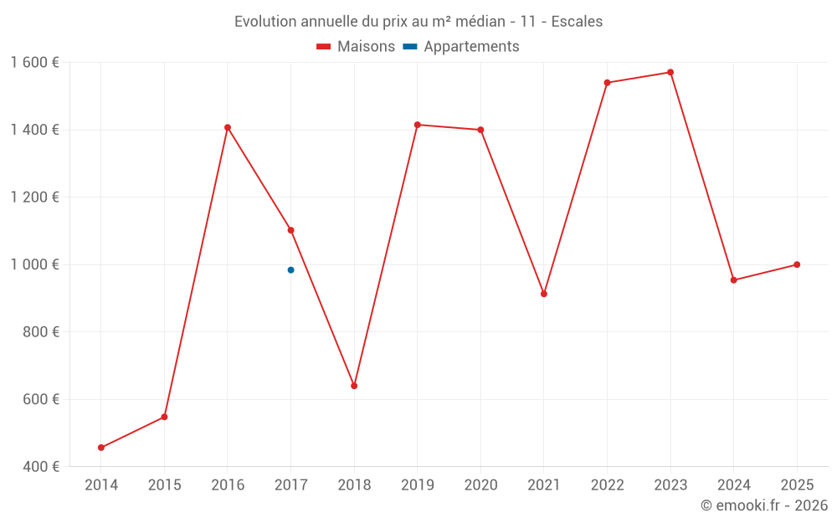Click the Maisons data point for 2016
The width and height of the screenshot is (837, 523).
(x=228, y=128)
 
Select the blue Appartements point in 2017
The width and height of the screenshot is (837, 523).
(x=290, y=270)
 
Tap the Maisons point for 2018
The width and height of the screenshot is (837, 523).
(x=354, y=386)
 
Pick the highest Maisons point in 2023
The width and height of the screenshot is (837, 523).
(x=670, y=72)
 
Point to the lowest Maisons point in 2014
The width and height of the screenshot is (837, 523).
(x=101, y=448)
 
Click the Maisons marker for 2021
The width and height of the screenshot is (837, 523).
(x=544, y=294)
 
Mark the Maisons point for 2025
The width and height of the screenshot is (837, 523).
(x=797, y=264)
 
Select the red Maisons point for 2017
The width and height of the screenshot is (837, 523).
(x=290, y=230)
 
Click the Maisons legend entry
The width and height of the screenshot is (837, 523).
(x=356, y=47)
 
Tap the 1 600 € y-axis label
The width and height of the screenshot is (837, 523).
(x=34, y=63)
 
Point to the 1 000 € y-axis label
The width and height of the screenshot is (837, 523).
(x=34, y=264)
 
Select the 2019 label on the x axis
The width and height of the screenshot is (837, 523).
(x=417, y=485)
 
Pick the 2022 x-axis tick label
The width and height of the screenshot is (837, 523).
(x=607, y=485)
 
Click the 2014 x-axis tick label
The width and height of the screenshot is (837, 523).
(x=101, y=485)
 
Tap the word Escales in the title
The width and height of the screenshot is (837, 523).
(x=577, y=22)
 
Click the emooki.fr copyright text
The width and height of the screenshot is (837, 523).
(x=764, y=505)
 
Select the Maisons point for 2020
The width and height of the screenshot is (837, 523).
(x=480, y=130)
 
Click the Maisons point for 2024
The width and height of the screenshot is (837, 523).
(x=734, y=280)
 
